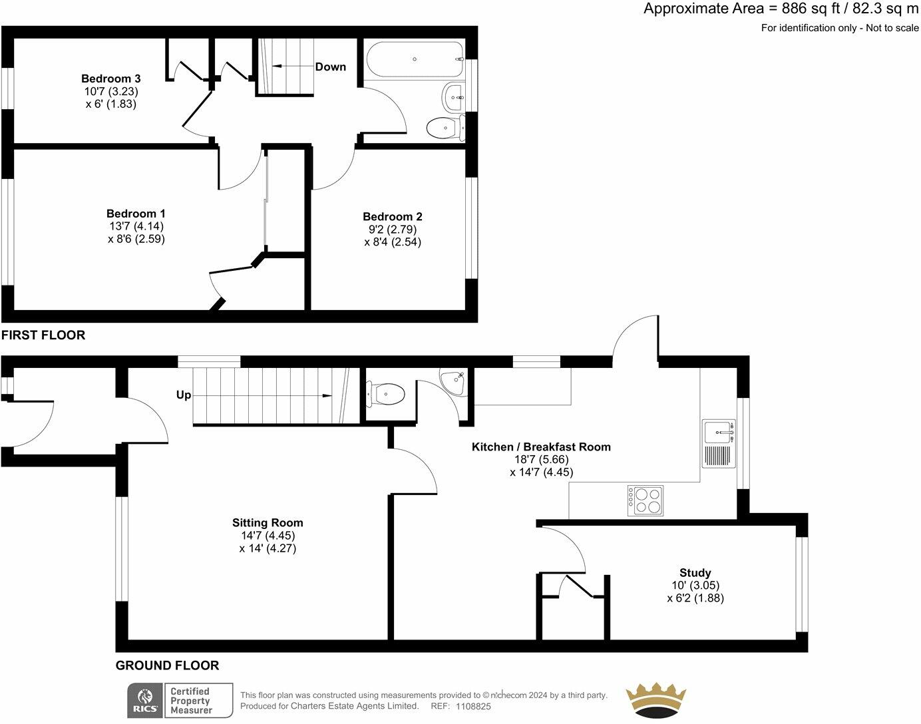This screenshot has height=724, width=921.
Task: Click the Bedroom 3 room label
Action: point(111,79)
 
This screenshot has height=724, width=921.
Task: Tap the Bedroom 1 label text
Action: point(136,214)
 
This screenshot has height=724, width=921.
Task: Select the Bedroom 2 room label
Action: point(393,216)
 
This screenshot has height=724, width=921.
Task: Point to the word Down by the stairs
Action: point(330,67)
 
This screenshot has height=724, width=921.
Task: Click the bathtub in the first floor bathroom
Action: point(414,59)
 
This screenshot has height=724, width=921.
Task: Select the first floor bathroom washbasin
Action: point(454,97)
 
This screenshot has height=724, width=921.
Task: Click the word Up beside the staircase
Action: point(184,395)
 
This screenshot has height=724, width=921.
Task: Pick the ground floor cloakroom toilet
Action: point(385,394)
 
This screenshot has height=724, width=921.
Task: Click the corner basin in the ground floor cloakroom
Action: point(455,382)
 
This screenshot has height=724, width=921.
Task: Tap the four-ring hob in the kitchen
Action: point(645,500)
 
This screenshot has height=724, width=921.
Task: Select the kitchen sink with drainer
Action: point(719,443)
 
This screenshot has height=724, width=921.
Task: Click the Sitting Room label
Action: point(268,522)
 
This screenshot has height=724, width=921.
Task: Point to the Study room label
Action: point(695,572)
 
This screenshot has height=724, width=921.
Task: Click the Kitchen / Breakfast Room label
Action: point(541,447)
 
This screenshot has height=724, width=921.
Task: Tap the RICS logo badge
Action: point(146,700)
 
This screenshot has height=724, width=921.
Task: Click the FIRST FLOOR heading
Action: point(43,335)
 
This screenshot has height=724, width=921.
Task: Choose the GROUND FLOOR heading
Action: point(167,665)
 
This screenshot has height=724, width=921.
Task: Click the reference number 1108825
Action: point(473,707)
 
